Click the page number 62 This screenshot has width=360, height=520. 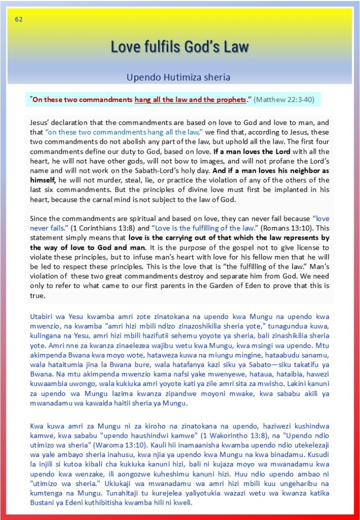coord(19,20)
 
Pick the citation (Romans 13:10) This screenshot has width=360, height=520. coord(289,228)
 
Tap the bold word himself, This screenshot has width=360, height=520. coord(50,180)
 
